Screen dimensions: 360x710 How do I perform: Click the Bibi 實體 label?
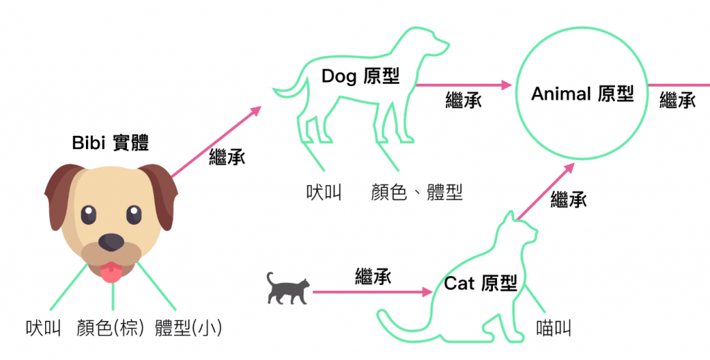pos(110,144)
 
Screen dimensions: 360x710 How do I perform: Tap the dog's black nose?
pos(111,242)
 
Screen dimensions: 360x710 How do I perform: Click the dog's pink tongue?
pos(111,271)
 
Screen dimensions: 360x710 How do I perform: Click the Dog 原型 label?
pos(361,76)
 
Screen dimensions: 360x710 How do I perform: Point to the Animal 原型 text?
pos(582,94)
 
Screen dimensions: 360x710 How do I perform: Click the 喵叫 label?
pos(554,328)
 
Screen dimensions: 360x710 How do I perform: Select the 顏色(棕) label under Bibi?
pos(111,328)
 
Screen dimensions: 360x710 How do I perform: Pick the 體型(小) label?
pos(189,328)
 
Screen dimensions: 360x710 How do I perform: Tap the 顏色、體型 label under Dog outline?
pos(416,192)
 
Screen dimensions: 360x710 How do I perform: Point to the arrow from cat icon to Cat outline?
pos(372,292)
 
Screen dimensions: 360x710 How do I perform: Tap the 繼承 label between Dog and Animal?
pos(463,101)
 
